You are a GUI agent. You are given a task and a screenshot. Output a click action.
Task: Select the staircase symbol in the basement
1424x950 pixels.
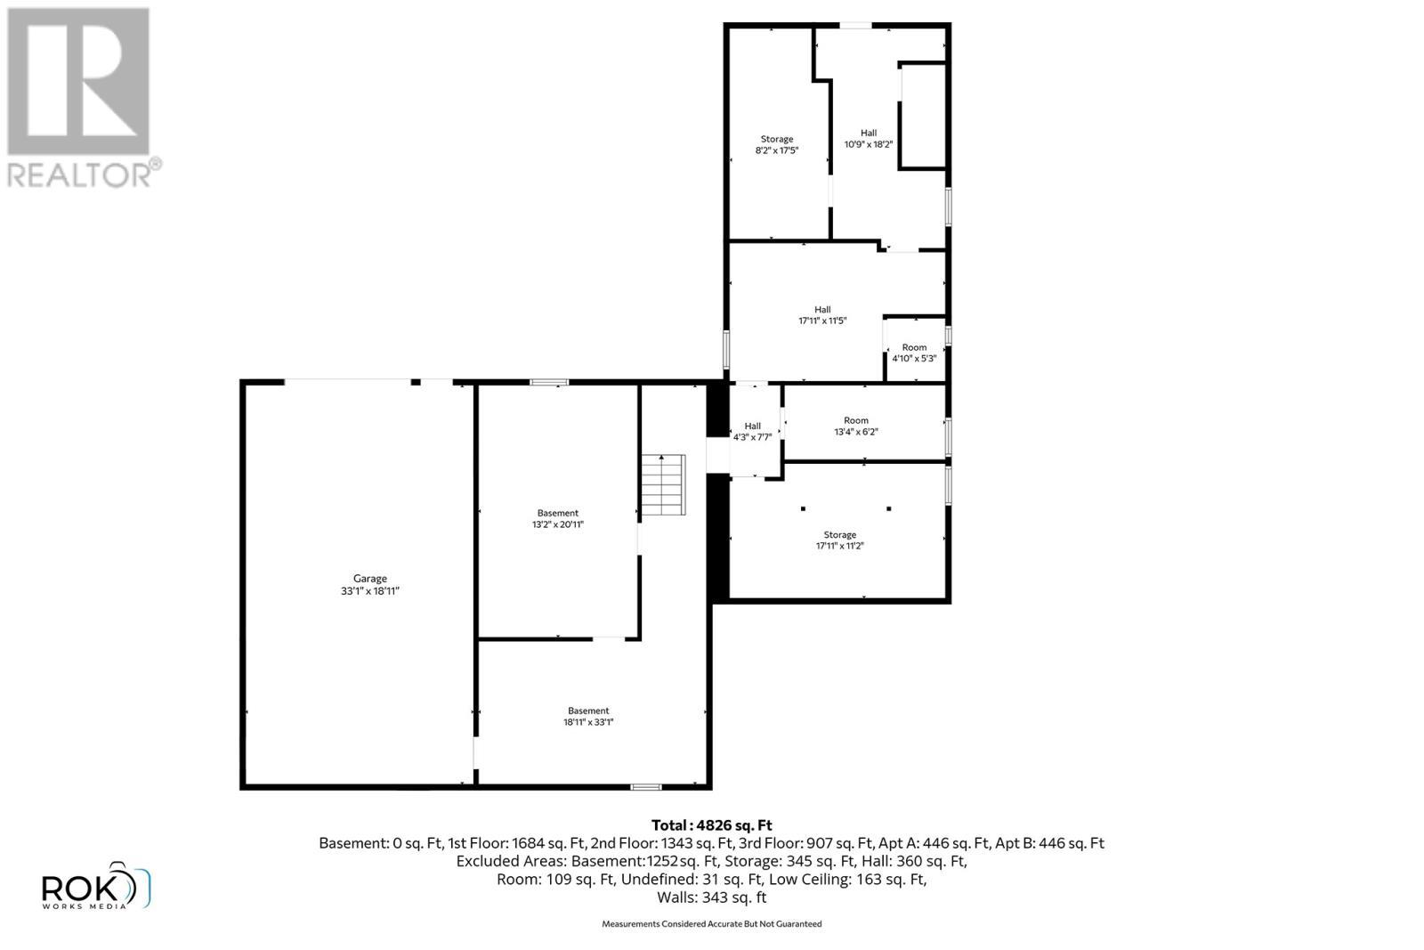click(664, 484)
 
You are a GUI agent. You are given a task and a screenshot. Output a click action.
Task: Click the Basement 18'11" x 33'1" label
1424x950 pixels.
click(588, 717)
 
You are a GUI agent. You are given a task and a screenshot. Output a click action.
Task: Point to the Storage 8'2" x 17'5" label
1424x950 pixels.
click(776, 145)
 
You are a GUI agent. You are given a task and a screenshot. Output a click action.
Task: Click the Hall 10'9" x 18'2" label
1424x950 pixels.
click(868, 138)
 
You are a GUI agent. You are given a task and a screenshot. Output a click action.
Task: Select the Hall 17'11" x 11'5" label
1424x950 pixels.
click(822, 315)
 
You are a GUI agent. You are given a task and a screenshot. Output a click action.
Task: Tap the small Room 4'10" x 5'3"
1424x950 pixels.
click(914, 353)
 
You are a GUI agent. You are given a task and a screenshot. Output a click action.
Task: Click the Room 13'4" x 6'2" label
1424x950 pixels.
click(855, 426)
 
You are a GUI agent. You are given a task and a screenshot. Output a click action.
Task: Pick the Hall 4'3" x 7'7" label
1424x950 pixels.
click(752, 432)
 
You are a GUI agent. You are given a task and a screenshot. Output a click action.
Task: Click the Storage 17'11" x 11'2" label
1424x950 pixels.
click(839, 540)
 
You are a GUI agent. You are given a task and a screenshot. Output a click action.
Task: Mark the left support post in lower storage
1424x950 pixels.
click(803, 508)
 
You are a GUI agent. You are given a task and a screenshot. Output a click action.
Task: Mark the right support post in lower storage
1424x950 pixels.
click(888, 508)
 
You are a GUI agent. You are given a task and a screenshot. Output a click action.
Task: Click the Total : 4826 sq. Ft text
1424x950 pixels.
click(711, 825)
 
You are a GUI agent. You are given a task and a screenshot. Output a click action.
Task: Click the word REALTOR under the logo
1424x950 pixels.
click(78, 175)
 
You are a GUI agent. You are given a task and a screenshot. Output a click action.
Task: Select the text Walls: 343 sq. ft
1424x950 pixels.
click(711, 897)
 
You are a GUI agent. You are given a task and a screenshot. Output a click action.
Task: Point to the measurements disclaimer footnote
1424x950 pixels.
click(711, 924)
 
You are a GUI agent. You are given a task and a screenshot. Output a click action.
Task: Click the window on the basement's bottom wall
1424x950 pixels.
click(645, 787)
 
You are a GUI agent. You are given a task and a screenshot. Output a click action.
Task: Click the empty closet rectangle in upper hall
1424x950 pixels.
click(923, 115)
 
